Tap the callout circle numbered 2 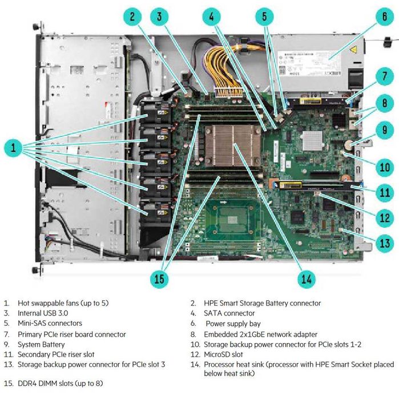[132, 16]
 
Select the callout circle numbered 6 [384, 16]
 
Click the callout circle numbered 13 [384, 244]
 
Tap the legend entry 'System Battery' [41, 344]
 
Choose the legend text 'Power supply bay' [231, 324]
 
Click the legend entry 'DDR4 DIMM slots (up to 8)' [61, 383]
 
